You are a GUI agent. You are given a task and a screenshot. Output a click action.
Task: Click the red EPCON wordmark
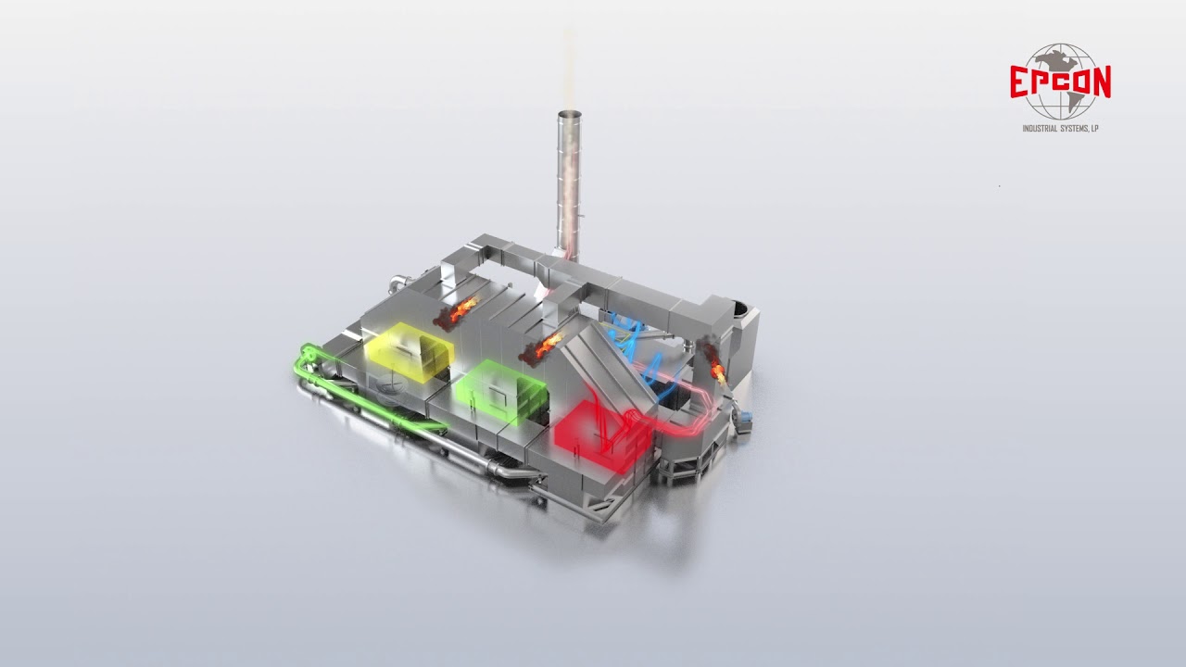1060,82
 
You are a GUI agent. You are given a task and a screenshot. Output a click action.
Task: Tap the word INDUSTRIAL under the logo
1040,129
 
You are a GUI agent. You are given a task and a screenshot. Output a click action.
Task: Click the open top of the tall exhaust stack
570,114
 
